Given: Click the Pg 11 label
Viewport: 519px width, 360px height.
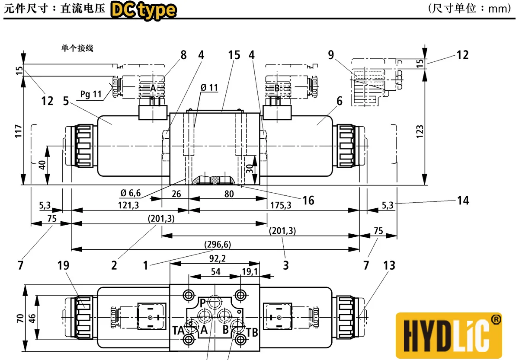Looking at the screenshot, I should (90, 94).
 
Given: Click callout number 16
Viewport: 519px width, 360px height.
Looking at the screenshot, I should (308, 200).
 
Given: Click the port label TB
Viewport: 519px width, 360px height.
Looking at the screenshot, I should (252, 332).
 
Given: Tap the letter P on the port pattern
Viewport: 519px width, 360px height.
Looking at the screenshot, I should (202, 302).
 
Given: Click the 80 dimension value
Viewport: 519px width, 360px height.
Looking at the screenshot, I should (229, 194).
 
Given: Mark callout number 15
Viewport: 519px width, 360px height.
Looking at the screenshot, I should (234, 56).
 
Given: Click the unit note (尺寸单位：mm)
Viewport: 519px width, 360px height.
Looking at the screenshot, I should (469, 9).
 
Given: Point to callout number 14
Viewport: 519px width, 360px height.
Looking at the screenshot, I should (463, 200).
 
